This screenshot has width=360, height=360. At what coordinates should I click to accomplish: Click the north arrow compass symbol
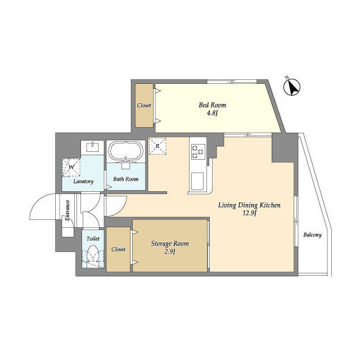click(x=291, y=87)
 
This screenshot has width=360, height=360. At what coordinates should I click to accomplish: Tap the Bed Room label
click(x=208, y=105)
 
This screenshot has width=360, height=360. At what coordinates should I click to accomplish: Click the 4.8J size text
click(x=208, y=114)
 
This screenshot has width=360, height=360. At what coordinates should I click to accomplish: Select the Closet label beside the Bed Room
click(x=144, y=105)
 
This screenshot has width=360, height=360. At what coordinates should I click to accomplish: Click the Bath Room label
click(x=126, y=179)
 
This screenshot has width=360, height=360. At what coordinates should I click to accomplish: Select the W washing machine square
click(x=71, y=166)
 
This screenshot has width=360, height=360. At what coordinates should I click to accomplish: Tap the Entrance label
click(x=67, y=210)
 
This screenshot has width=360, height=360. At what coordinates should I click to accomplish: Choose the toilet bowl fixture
click(x=93, y=256)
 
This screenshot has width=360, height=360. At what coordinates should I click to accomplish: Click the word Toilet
click(x=93, y=238)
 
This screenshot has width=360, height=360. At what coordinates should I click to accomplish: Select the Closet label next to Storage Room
click(x=118, y=249)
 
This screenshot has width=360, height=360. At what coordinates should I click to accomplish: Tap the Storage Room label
click(x=170, y=244)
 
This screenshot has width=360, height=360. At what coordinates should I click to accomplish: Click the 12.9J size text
click(x=249, y=214)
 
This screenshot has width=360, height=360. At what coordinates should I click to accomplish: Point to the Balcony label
click(x=312, y=235)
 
